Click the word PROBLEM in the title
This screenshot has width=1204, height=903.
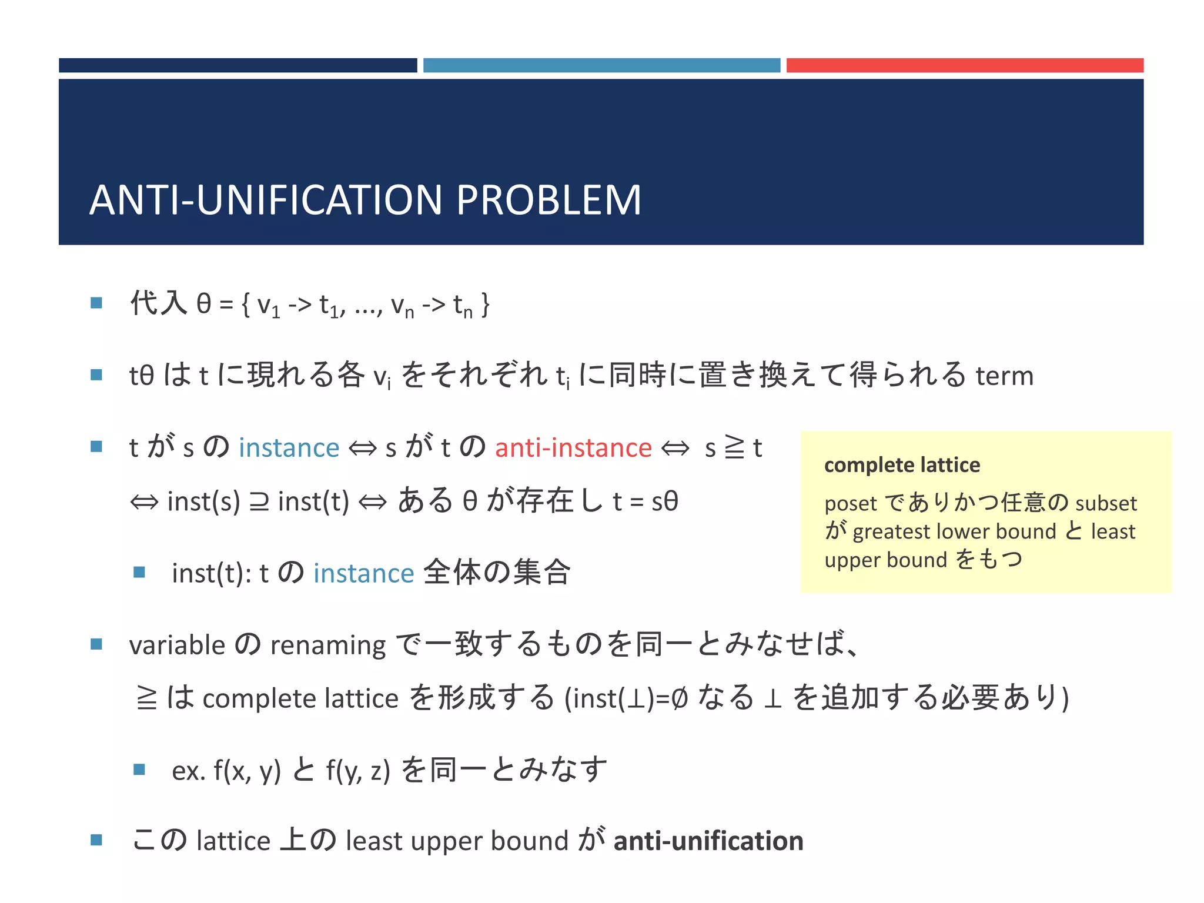coord(548,200)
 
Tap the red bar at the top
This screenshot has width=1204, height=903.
coord(965,65)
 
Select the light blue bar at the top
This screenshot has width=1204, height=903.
coord(601,65)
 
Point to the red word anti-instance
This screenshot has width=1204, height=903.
coord(573,448)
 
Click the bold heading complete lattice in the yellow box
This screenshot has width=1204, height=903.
coord(902,465)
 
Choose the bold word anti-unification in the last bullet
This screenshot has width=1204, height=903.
coord(708,841)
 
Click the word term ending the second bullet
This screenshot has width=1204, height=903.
coord(1004,376)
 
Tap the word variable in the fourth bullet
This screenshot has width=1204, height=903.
coord(177,646)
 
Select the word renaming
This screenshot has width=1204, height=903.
coord(327,646)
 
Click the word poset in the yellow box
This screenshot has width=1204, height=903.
coord(850,504)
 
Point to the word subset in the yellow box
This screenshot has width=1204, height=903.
coord(1106,503)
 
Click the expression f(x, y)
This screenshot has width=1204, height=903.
coord(247,770)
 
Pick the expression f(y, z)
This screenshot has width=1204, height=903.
coord(358,770)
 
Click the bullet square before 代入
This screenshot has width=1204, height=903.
coord(96,303)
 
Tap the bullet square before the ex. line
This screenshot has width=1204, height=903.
coord(139,769)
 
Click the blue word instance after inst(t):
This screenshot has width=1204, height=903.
coord(363,574)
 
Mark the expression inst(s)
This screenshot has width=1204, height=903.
coord(203,502)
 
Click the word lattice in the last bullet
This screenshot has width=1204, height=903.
coord(233,841)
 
